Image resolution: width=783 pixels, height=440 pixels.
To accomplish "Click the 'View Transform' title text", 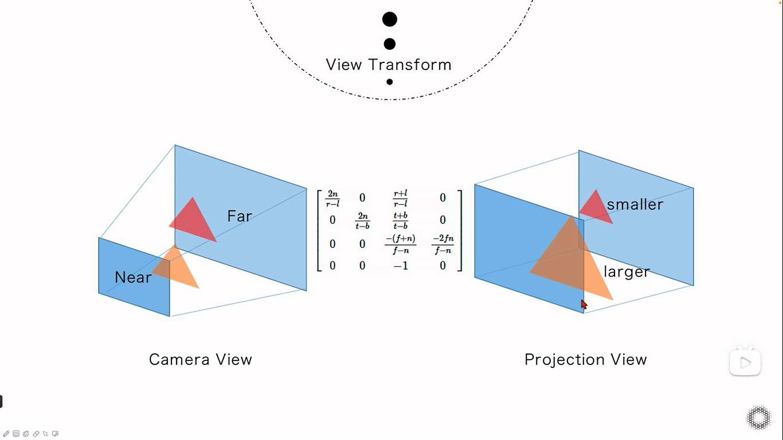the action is (x=389, y=65).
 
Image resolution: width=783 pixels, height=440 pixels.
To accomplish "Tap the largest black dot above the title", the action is (x=390, y=19).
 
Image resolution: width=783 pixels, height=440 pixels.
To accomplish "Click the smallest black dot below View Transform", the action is (x=390, y=82).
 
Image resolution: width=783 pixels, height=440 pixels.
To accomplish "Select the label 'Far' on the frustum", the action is (x=240, y=217).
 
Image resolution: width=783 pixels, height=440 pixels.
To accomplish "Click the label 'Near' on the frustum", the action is (x=133, y=278).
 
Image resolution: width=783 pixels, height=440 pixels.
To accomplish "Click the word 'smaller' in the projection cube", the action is (x=635, y=205).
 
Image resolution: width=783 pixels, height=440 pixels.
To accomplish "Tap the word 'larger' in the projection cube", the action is (x=627, y=272).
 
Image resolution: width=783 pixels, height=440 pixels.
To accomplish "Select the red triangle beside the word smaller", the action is (x=596, y=207).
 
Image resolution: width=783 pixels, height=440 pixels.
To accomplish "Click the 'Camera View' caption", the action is (x=201, y=360).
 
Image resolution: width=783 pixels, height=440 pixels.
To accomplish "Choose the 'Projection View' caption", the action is (x=585, y=360).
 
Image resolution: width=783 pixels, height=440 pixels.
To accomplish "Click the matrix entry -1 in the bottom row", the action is (x=401, y=266).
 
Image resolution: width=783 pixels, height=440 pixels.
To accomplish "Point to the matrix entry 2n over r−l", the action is (x=332, y=198).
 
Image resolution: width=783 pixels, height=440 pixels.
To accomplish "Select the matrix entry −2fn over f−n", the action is (x=443, y=244).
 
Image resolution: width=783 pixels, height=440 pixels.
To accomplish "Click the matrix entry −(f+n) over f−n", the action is (x=401, y=244).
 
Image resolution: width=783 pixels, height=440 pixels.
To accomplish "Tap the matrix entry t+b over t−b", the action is (x=401, y=221).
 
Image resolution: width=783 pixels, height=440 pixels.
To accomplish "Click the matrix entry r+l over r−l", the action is (x=401, y=198).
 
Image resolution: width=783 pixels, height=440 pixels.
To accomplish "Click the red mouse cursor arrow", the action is (x=584, y=304).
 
